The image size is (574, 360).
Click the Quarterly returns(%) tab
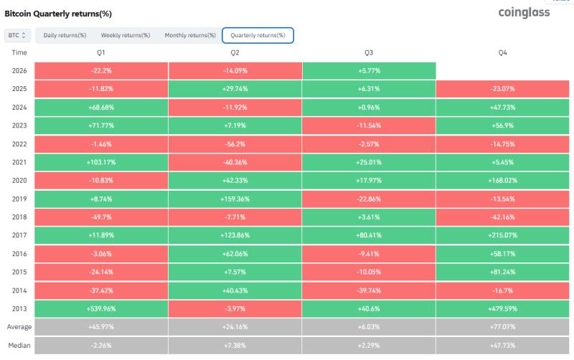(x=258, y=35)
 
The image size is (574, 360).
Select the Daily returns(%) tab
(x=65, y=35)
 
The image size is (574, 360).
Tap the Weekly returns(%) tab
(x=126, y=35)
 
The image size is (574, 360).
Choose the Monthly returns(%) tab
(x=190, y=35)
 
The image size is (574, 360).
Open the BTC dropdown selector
(x=17, y=35)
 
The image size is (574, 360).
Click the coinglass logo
(x=524, y=12)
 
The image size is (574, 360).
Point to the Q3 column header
(x=369, y=52)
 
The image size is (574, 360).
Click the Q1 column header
(x=101, y=52)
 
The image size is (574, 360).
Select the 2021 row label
(x=19, y=162)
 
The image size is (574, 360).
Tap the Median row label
(x=19, y=345)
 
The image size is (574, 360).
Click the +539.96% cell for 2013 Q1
(x=101, y=309)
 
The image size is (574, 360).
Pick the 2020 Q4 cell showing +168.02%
(x=503, y=181)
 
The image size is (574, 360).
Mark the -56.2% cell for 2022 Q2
(x=235, y=143)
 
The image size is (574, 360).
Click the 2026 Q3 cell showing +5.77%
(x=369, y=70)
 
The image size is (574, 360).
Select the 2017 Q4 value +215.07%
(x=503, y=235)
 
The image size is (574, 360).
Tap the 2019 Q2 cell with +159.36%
(x=235, y=199)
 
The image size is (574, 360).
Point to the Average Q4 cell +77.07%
(x=503, y=327)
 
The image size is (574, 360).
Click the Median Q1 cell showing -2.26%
(x=101, y=345)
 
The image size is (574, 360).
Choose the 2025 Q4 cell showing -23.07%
(x=503, y=89)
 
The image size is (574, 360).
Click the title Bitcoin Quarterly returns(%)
(x=58, y=14)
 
